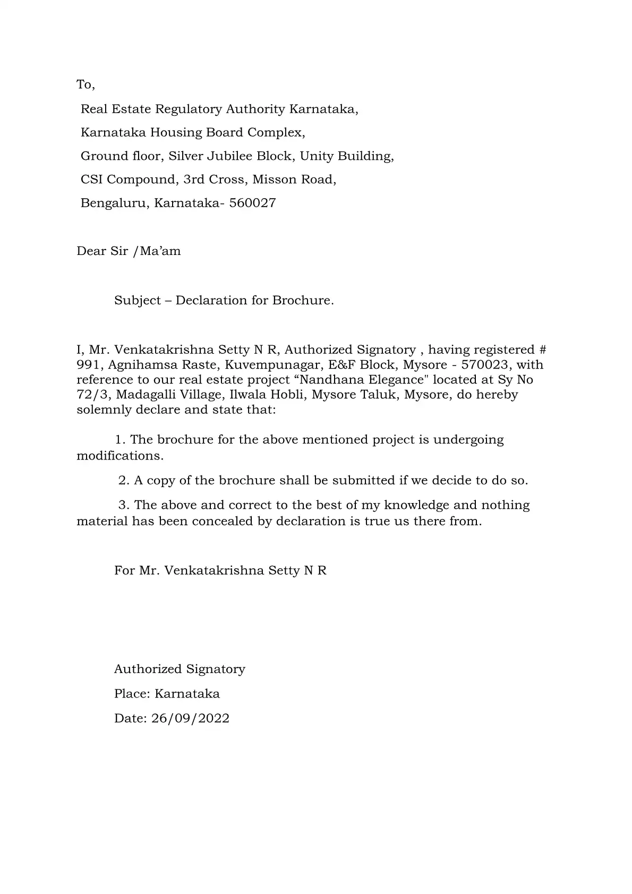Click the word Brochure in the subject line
coord(303,300)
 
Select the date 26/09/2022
coord(190,718)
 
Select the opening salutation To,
coord(86,84)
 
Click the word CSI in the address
coord(91,180)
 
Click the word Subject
coord(137,301)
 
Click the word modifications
coord(120,456)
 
